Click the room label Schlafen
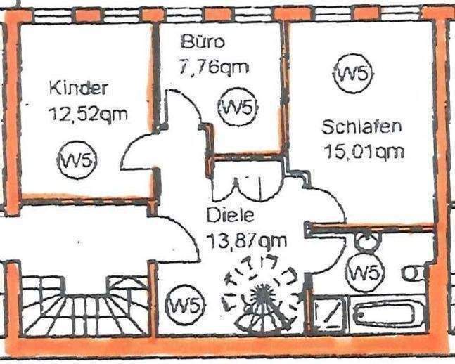(361, 127)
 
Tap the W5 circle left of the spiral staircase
(186, 305)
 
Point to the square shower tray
(328, 314)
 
